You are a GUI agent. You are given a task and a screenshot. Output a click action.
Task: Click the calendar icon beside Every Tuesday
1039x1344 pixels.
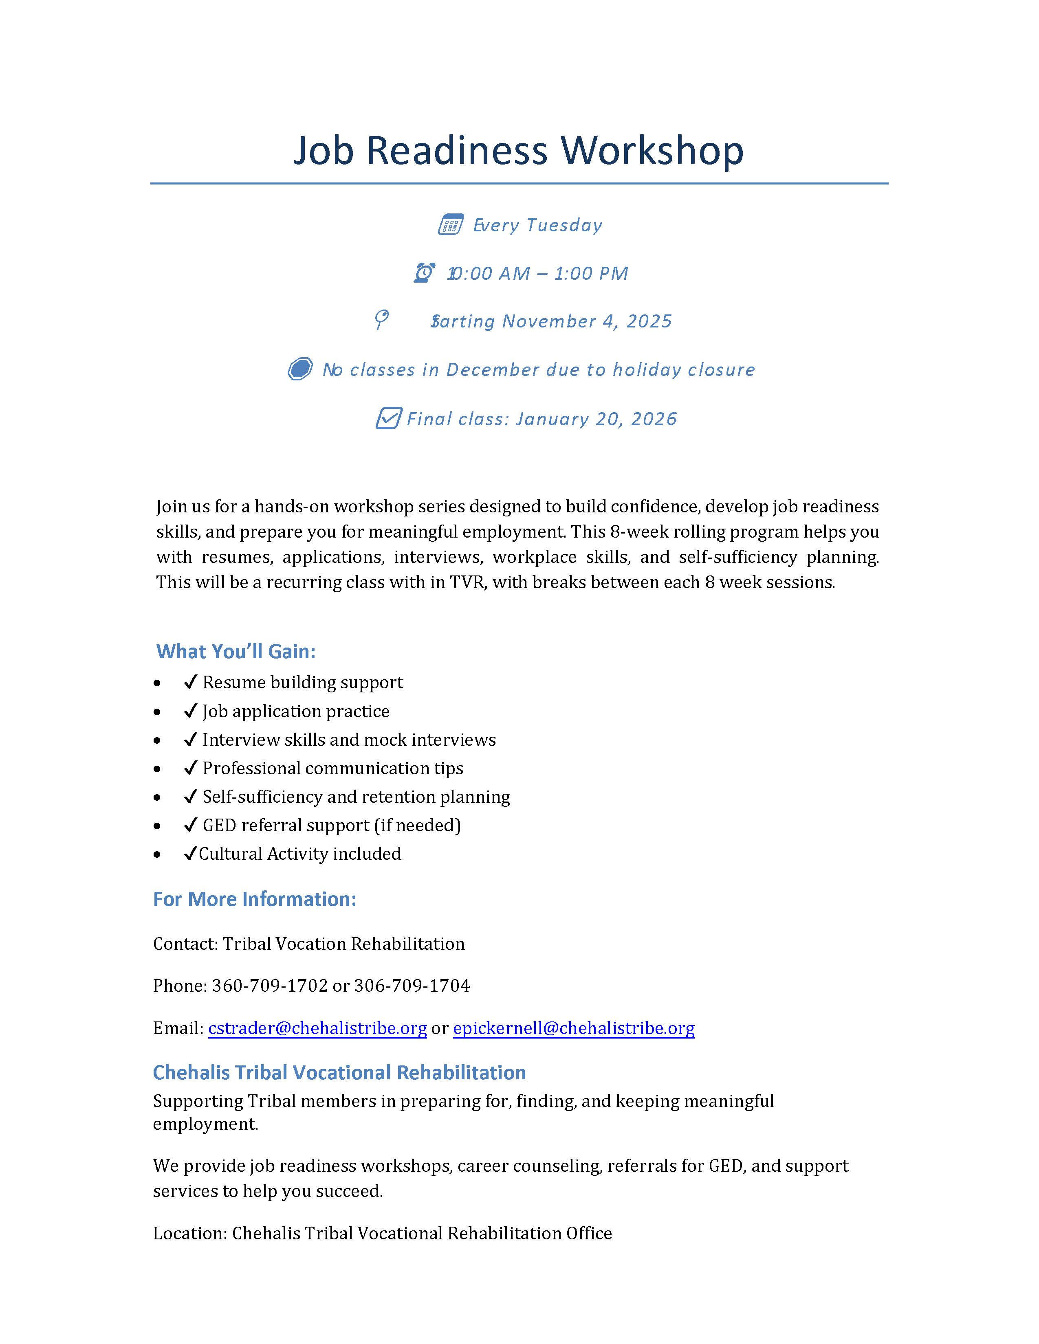(x=451, y=225)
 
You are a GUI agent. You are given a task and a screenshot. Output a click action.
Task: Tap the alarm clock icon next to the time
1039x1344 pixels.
(x=425, y=272)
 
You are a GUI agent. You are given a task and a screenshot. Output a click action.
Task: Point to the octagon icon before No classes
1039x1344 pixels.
(x=300, y=369)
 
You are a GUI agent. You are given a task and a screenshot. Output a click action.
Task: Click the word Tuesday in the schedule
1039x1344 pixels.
(x=564, y=225)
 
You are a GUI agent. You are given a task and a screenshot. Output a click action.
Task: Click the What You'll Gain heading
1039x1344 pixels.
(x=236, y=651)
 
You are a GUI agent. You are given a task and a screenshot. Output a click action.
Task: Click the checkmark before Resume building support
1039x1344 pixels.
(x=190, y=682)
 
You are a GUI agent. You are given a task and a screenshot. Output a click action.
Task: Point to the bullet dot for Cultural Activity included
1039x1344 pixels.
(x=158, y=854)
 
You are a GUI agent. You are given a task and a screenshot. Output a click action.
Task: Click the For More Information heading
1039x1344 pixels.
(x=255, y=899)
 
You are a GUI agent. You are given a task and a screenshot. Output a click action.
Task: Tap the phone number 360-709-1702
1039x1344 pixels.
(x=270, y=986)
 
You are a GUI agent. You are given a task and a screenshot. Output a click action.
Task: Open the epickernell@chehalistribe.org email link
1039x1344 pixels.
(x=574, y=1028)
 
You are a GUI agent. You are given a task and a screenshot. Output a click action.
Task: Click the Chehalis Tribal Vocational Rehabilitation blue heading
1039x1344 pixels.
(x=339, y=1073)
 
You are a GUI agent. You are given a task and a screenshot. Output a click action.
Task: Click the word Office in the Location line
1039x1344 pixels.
(x=589, y=1233)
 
